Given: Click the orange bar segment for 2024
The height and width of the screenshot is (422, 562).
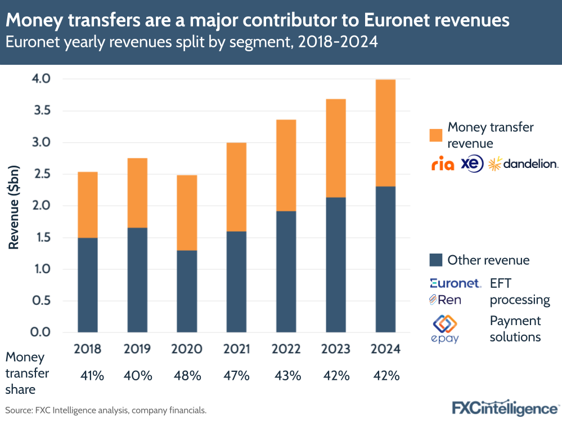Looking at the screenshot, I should point(385,133).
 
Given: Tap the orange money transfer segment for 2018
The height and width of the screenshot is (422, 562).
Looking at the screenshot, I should point(88,205).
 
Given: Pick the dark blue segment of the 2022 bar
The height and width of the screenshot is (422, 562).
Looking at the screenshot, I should point(286,272).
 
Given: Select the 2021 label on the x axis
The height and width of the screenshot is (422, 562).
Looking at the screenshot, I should point(236,349).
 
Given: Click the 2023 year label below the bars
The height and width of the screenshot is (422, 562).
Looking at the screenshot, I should point(336,349).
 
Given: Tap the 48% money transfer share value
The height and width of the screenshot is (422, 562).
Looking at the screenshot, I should point(187,376).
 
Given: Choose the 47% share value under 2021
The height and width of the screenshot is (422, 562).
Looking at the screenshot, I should point(236,376).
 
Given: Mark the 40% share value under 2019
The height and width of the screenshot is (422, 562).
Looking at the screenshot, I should point(137,376).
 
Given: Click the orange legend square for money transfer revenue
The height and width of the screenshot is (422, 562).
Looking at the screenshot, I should point(435,135).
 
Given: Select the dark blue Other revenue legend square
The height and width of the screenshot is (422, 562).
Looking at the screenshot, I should point(435,260).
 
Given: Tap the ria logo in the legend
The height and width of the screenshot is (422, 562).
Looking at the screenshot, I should point(442,164).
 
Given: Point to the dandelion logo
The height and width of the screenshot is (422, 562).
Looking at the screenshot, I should point(523,164).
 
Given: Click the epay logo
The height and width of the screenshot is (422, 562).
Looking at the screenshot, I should point(444,329).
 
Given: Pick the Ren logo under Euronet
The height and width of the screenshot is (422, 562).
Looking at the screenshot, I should point(445,300).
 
